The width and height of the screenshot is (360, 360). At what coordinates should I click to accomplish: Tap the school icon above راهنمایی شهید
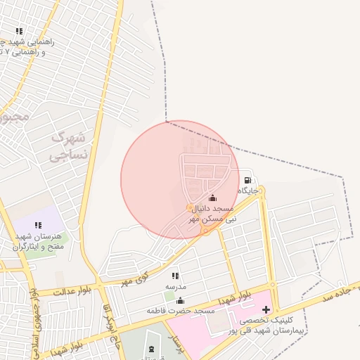pyautogui.click(x=19, y=32)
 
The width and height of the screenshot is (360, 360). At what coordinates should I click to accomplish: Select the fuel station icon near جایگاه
pyautogui.click(x=245, y=179)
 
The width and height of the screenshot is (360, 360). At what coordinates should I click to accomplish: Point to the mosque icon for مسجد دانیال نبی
pyautogui.click(x=213, y=198)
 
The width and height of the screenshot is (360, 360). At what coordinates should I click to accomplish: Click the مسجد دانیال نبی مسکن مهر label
pyautogui.click(x=212, y=215)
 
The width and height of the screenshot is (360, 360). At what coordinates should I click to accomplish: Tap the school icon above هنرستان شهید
pyautogui.click(x=37, y=226)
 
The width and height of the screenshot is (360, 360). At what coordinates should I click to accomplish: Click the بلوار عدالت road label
pyautogui.click(x=56, y=290)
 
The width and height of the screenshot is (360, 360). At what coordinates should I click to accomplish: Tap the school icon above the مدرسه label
pyautogui.click(x=175, y=276)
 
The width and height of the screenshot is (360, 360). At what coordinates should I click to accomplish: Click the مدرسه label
pyautogui.click(x=175, y=287)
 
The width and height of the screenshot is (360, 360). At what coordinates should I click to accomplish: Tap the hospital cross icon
pyautogui.click(x=266, y=309)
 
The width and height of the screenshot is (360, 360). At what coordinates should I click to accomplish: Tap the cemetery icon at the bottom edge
pyautogui.click(x=153, y=349)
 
